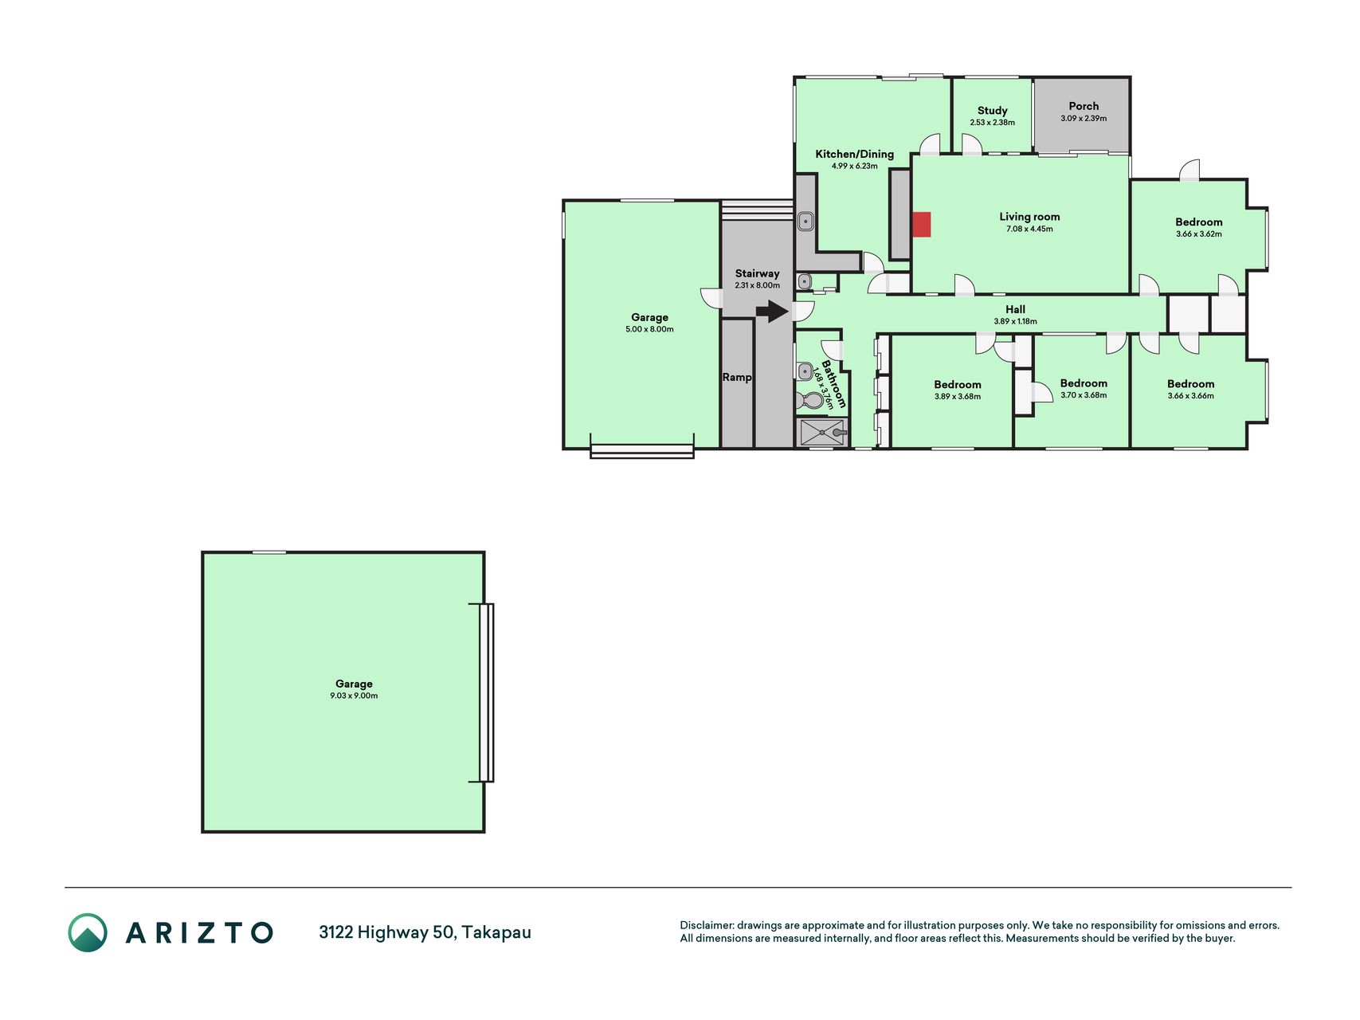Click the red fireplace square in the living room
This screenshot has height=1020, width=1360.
tap(921, 225)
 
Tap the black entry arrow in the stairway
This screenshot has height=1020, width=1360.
tap(772, 311)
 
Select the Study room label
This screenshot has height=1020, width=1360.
tap(993, 111)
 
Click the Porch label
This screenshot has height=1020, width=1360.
tap(1084, 106)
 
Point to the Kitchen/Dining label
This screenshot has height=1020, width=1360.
tap(854, 155)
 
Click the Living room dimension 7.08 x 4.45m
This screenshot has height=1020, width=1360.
tap(1029, 229)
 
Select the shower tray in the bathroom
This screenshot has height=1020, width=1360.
tap(821, 433)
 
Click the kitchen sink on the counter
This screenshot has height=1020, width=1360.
tap(805, 221)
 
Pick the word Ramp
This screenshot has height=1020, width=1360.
tap(737, 377)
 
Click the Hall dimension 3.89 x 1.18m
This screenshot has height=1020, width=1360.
tap(1015, 322)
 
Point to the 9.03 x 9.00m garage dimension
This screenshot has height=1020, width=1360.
tap(354, 696)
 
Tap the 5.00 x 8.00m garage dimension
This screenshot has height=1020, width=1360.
tap(649, 329)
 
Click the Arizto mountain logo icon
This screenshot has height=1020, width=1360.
tap(88, 932)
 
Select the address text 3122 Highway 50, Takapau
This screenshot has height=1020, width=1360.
tap(425, 932)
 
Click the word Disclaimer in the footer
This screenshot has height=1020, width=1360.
tap(706, 925)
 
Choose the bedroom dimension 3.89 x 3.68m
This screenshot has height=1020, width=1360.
tap(958, 397)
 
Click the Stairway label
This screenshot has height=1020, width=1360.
tap(757, 273)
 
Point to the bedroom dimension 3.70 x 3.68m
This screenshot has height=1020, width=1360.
tap(1084, 395)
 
